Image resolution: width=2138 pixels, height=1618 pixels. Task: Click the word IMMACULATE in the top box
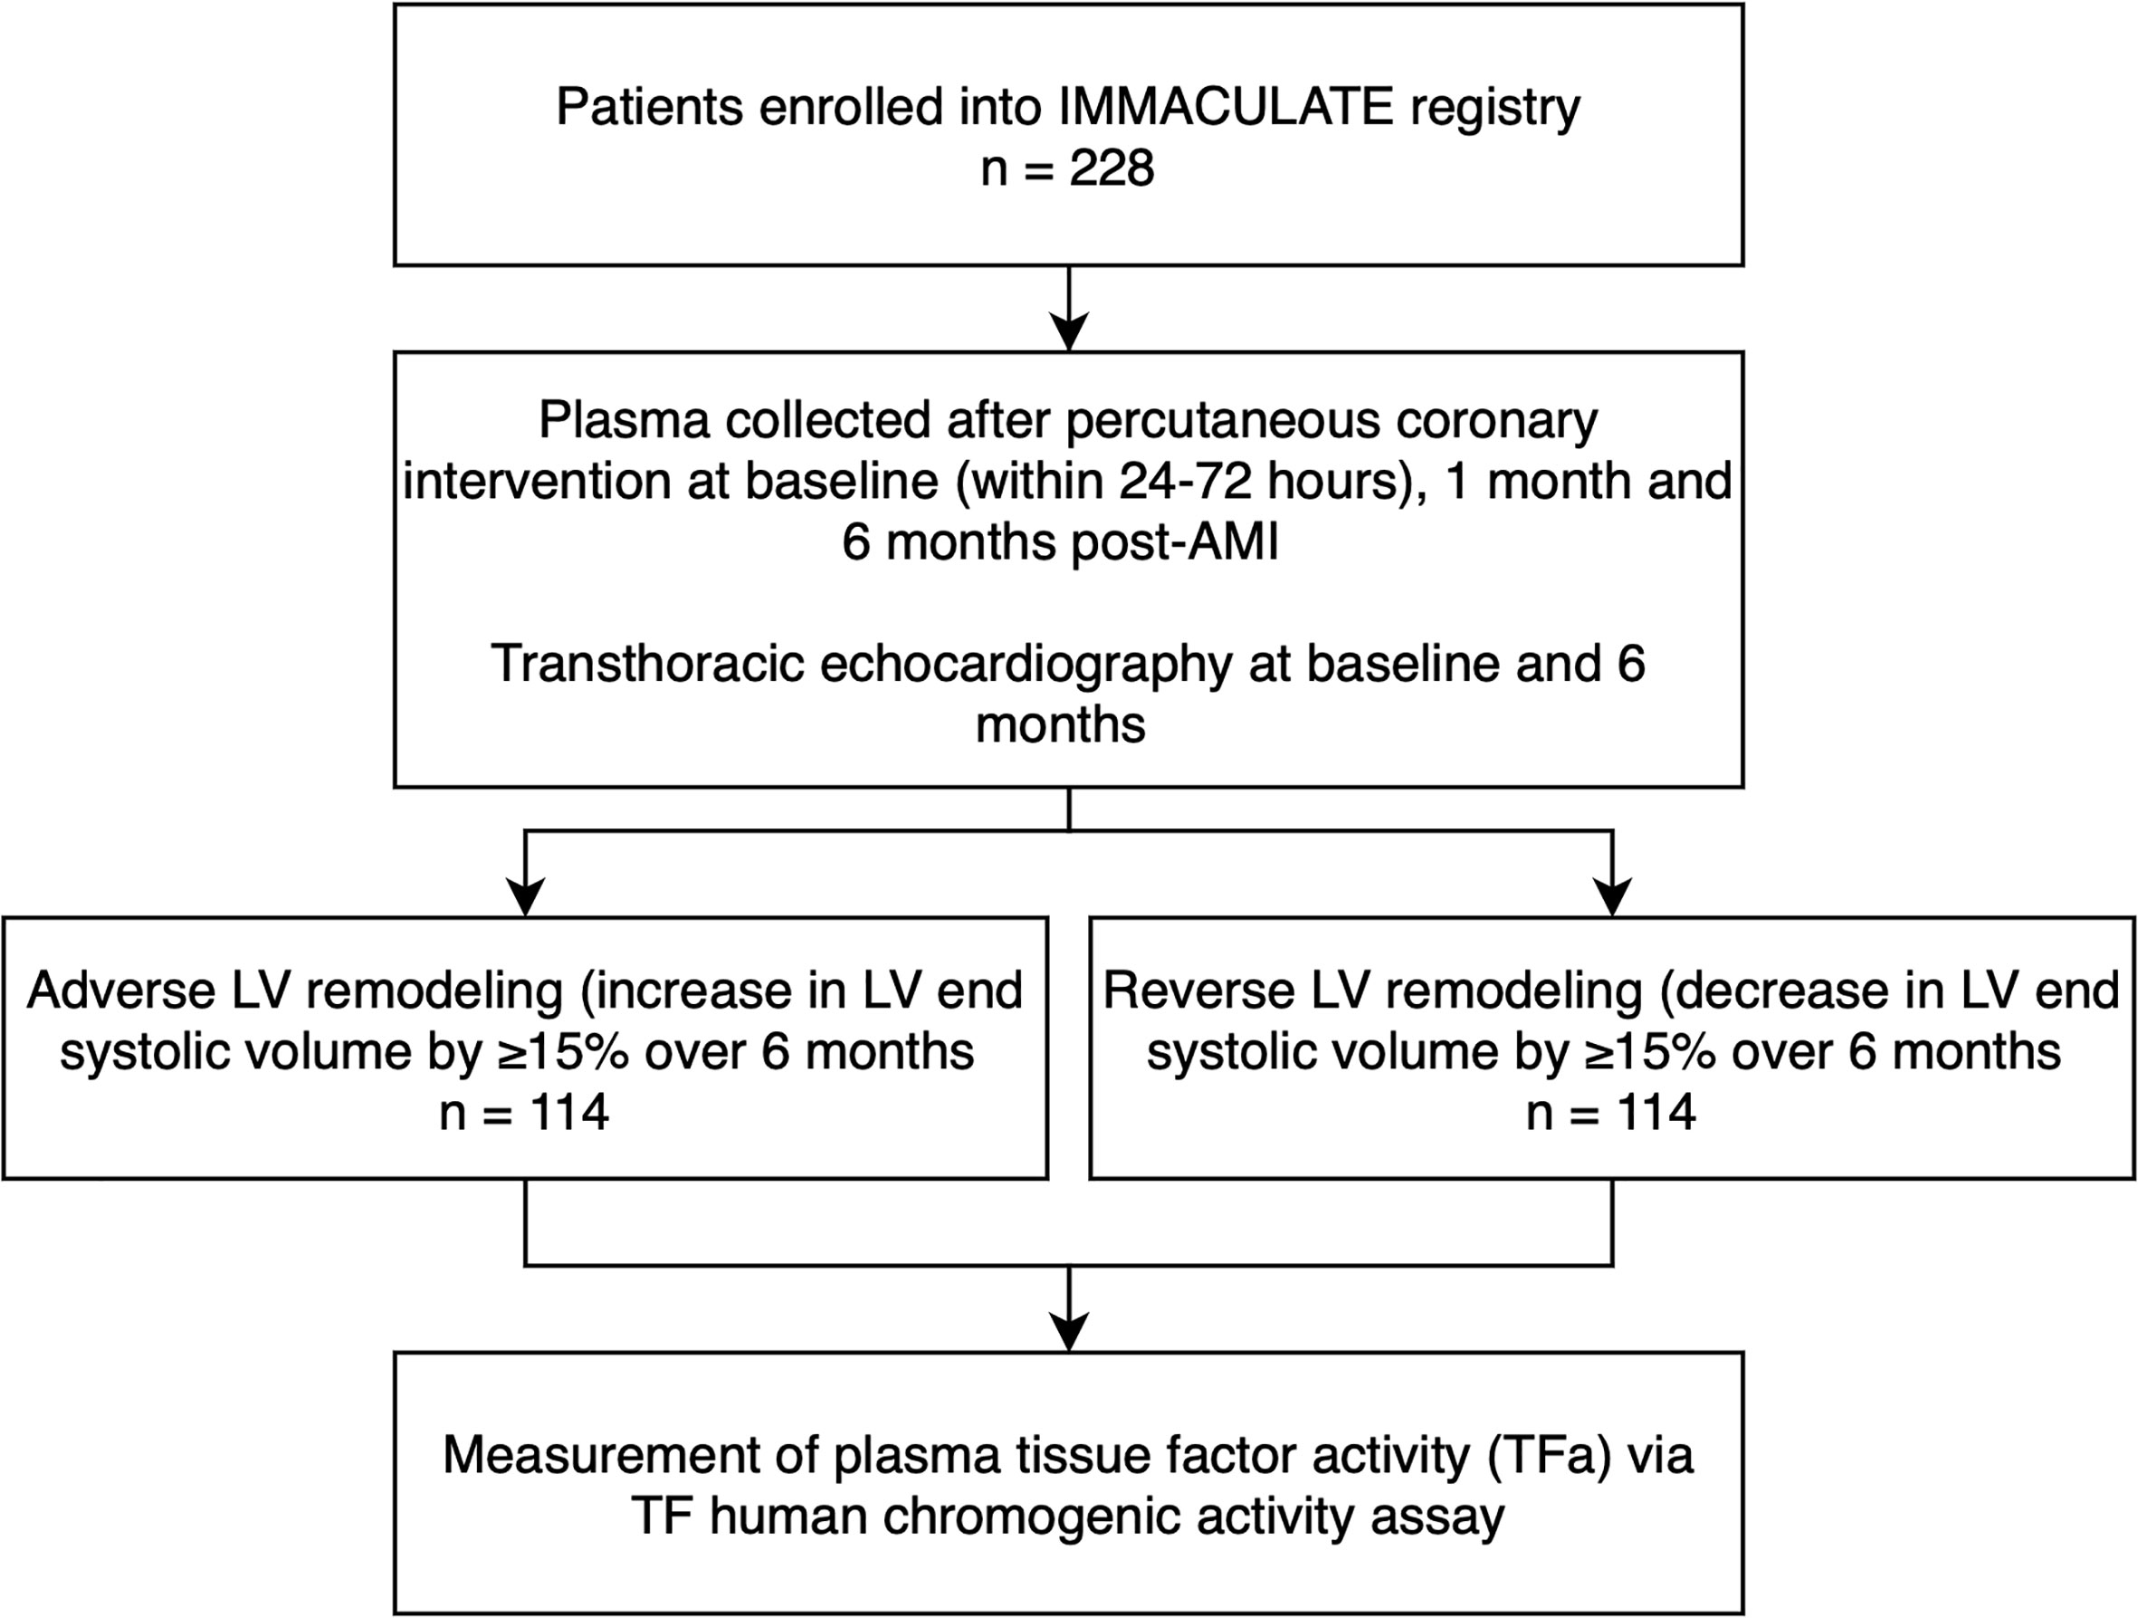tap(1226, 106)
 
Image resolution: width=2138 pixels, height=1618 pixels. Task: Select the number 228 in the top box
tap(1112, 168)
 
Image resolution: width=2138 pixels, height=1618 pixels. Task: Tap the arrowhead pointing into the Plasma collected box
tap(1069, 330)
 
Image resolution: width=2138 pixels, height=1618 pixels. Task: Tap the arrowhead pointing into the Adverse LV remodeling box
tap(525, 896)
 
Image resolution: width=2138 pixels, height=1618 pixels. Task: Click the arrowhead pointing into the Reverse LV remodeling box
tap(1612, 896)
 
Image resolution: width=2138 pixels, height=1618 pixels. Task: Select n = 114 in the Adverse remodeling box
tap(524, 1113)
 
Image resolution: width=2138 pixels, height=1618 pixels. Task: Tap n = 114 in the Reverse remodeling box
tap(1611, 1113)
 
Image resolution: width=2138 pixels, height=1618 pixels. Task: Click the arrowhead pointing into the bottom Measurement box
tap(1069, 1331)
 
